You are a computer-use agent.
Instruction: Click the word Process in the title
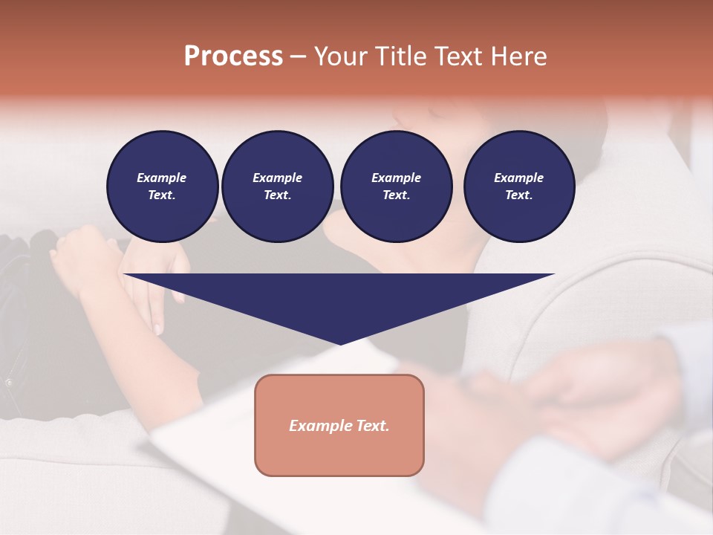[x=233, y=56]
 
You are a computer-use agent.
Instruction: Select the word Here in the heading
[x=518, y=56]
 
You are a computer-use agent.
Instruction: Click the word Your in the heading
[x=339, y=56]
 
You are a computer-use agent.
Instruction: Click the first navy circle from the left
[x=162, y=187]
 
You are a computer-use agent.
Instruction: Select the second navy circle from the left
[x=277, y=187]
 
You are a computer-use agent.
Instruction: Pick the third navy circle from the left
[x=396, y=187]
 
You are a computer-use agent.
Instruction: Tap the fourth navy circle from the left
[x=518, y=187]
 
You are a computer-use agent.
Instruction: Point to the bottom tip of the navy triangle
[x=340, y=344]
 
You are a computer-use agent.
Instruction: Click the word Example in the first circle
[x=162, y=178]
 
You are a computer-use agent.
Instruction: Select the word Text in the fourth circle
[x=518, y=195]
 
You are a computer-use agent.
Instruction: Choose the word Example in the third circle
[x=396, y=178]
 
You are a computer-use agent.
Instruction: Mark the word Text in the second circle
[x=277, y=195]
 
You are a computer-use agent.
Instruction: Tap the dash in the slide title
[x=299, y=56]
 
